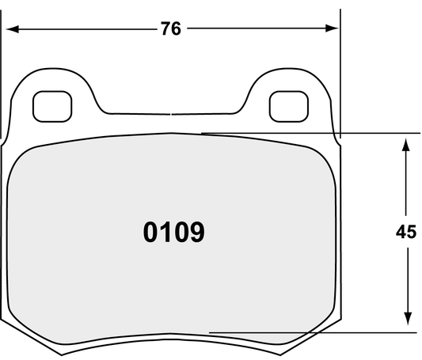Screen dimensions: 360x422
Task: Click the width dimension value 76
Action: [170, 29]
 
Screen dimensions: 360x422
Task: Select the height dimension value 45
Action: [405, 233]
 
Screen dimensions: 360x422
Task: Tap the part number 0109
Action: [174, 233]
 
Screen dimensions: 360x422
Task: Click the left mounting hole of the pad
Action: [52, 103]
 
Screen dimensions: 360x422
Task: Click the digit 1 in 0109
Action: [169, 233]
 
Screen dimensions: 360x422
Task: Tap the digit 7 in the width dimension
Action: [165, 29]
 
